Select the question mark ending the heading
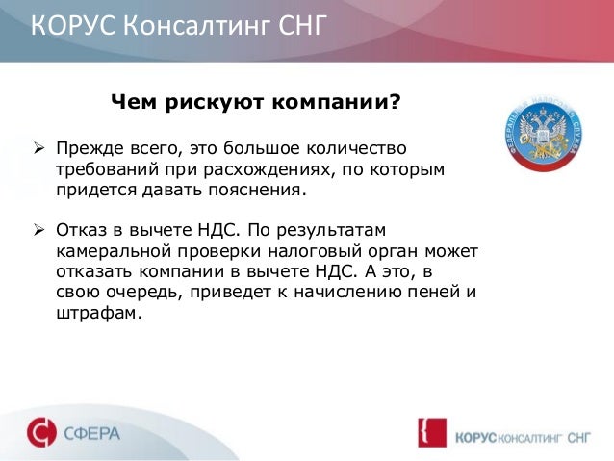point(395,102)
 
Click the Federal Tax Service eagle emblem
point(545,135)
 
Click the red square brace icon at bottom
point(428,433)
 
